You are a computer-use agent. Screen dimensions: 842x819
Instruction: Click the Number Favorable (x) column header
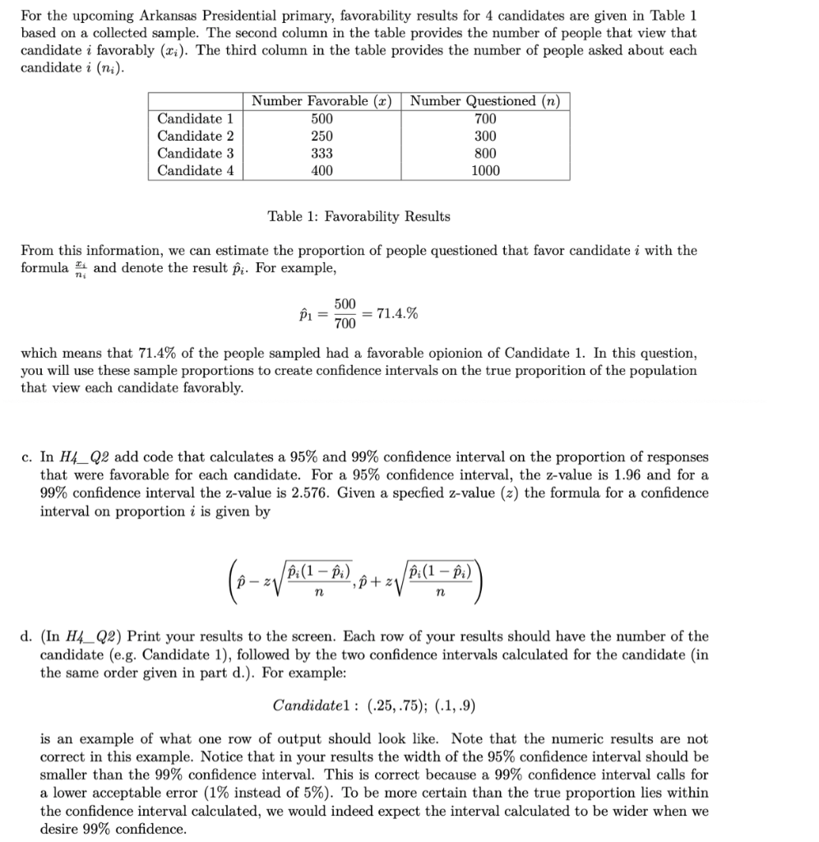click(x=322, y=101)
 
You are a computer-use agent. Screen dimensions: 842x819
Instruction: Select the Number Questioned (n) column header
click(x=485, y=101)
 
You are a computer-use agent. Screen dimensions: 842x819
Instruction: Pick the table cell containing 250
click(x=322, y=136)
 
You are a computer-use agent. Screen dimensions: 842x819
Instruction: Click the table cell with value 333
click(x=322, y=153)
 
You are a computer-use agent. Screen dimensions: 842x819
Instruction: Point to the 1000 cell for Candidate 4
click(x=485, y=171)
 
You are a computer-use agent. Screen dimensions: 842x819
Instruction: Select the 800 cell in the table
click(x=485, y=153)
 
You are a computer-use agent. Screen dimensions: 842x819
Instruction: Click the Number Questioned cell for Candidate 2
click(x=485, y=136)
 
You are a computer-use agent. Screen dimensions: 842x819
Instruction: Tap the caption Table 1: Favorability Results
click(x=359, y=216)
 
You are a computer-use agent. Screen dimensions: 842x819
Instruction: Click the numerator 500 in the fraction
click(x=345, y=304)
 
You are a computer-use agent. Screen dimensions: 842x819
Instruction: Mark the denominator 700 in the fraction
click(x=345, y=322)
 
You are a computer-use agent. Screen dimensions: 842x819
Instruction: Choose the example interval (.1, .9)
click(x=453, y=706)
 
